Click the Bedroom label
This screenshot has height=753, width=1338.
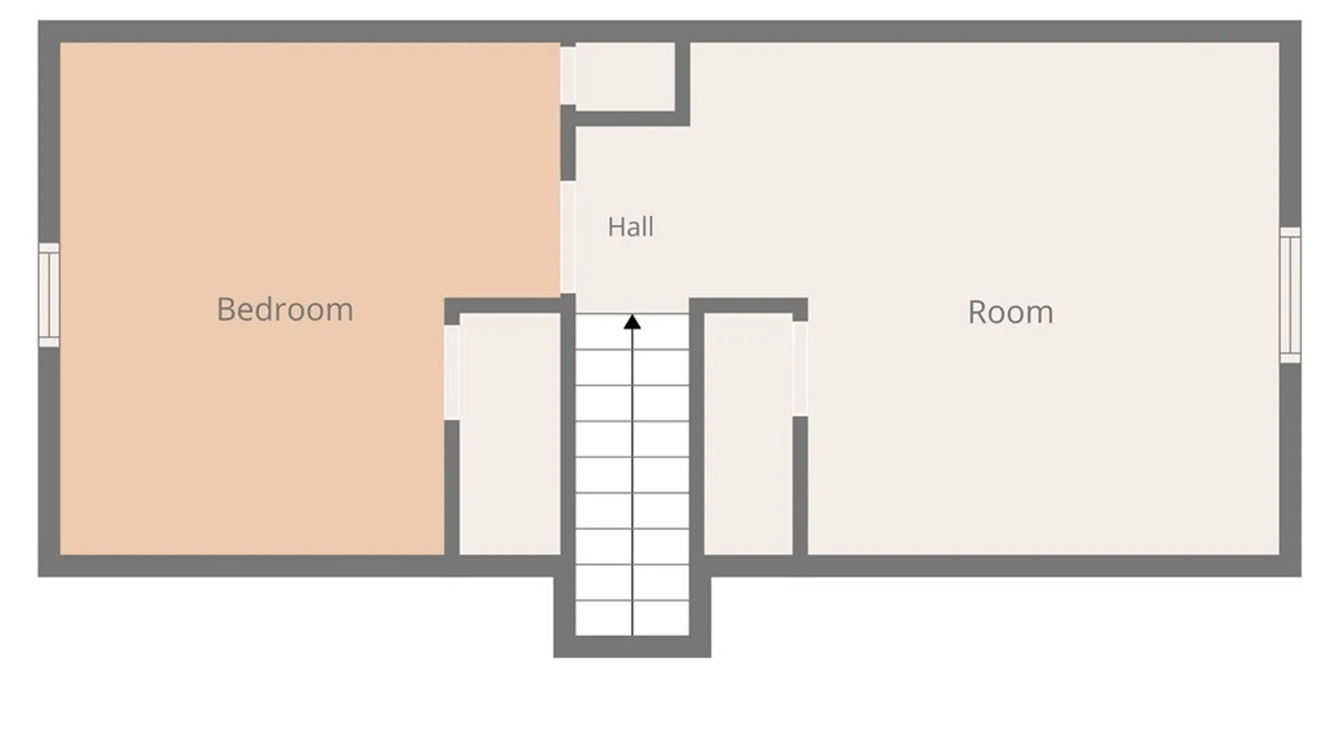(x=285, y=310)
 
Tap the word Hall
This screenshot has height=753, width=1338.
(x=631, y=227)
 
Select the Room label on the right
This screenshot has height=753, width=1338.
(x=1010, y=312)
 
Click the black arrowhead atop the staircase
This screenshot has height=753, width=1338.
(x=632, y=321)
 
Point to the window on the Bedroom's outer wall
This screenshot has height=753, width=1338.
(x=49, y=295)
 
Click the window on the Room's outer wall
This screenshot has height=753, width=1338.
(x=1290, y=295)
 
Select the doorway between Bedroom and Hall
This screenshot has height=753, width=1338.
(x=568, y=237)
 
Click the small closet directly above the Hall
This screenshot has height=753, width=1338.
(x=625, y=76)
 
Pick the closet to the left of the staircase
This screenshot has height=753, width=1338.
(x=510, y=434)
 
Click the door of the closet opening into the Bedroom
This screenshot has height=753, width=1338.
(x=452, y=372)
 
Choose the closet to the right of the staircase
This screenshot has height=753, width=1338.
(x=748, y=434)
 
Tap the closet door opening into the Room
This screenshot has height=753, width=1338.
(x=800, y=369)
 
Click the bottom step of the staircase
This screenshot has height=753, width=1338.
(x=632, y=618)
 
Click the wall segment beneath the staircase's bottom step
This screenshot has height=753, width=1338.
(x=632, y=646)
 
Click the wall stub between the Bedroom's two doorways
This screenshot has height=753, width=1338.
(x=568, y=143)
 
